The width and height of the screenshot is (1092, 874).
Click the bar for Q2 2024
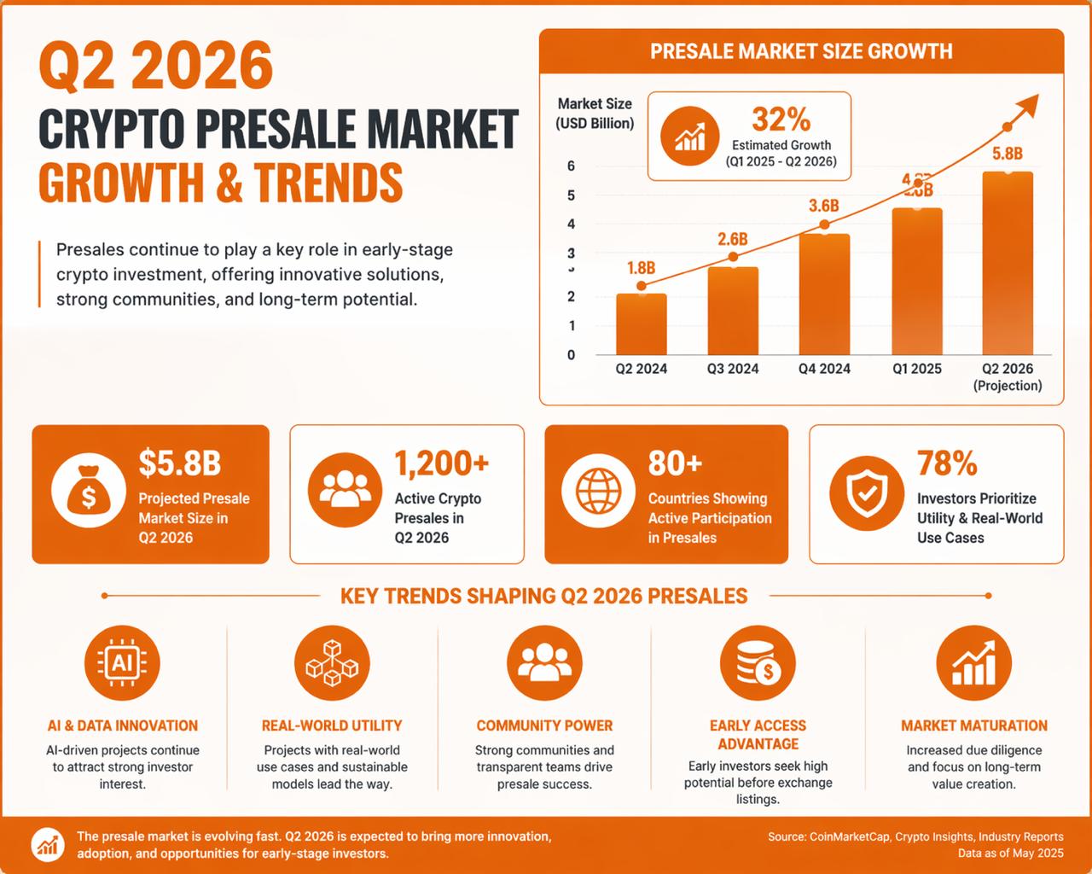[x=641, y=324]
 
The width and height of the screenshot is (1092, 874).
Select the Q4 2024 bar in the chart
[x=824, y=294]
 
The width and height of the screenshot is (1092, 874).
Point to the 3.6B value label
[x=824, y=206]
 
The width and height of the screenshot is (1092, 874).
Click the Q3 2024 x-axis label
[x=732, y=369]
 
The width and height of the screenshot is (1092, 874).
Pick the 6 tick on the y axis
[x=572, y=166]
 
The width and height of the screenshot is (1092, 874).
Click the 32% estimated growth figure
[x=781, y=119]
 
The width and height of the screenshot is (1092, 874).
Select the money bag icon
[x=89, y=494]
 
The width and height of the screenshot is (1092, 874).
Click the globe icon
[x=599, y=494]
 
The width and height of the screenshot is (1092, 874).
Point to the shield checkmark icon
[x=867, y=494]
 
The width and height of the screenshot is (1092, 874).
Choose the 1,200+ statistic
[x=441, y=463]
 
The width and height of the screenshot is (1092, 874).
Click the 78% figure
[x=947, y=463]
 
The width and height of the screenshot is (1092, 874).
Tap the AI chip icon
[x=122, y=662]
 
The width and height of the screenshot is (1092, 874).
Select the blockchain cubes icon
[x=332, y=662]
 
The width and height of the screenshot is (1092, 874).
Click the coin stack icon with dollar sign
[x=757, y=662]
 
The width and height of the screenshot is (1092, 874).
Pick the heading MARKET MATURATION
[x=974, y=725]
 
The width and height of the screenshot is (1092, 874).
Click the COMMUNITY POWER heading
[x=544, y=725]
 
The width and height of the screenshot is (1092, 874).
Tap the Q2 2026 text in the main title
[x=156, y=67]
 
